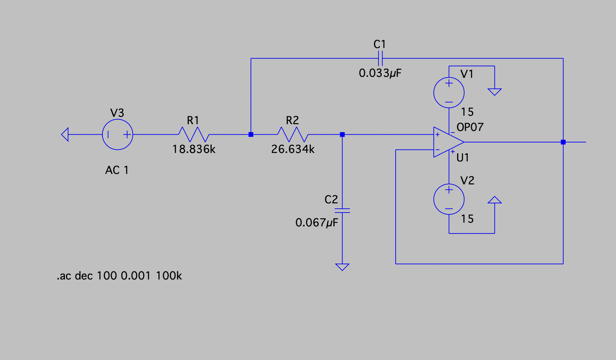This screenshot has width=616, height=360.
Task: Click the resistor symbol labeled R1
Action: point(194,134)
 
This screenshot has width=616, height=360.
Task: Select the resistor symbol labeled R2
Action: point(293,134)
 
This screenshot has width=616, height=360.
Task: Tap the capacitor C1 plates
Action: point(380,58)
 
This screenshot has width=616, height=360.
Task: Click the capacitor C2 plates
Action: point(342,210)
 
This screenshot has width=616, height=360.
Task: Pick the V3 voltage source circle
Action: point(117,134)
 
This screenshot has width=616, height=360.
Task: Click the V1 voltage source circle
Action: point(449,93)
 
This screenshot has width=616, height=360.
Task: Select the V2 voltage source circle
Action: point(449,199)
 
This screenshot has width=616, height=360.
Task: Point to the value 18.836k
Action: point(194,149)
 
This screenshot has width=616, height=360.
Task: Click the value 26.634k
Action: point(293,149)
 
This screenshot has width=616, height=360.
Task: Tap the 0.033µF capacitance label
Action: point(380,73)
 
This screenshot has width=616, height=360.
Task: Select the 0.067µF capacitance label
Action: point(316,223)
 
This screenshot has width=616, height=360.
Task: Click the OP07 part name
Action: point(470,127)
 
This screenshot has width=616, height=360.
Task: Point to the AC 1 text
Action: point(117,170)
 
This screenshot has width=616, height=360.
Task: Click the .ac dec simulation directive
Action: point(119,276)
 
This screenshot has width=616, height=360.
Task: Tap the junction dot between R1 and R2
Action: point(251,134)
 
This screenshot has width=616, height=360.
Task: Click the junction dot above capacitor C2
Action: point(342,134)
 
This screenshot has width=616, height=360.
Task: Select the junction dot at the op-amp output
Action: point(563,142)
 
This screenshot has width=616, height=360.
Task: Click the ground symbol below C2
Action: point(342,267)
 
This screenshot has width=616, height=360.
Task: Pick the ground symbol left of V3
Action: point(65,134)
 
